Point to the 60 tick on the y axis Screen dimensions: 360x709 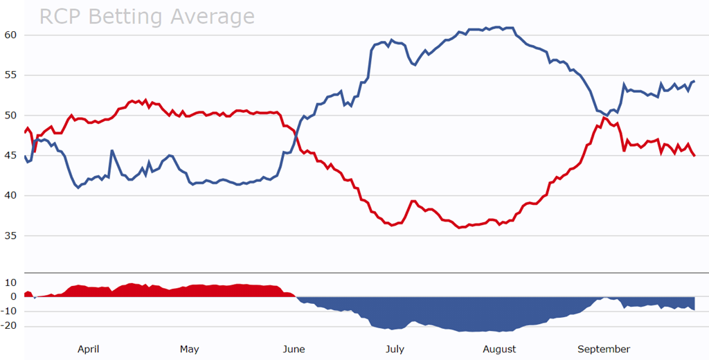click(x=10, y=35)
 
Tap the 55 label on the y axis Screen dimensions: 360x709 click(x=10, y=75)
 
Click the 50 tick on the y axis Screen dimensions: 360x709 click(x=10, y=115)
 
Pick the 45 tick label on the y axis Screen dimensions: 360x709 click(x=10, y=155)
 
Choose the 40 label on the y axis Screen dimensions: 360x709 click(x=10, y=195)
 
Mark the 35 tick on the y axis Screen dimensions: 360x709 click(x=10, y=235)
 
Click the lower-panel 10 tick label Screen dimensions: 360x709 click(x=10, y=282)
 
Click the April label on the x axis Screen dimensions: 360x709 click(x=89, y=349)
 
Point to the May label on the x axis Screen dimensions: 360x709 click(x=189, y=349)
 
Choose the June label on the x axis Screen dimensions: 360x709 click(x=294, y=349)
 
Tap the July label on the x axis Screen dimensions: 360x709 click(x=395, y=349)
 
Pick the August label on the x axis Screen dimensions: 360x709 click(x=499, y=349)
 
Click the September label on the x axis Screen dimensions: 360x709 click(x=604, y=349)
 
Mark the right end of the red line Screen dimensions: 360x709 click(x=694, y=156)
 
